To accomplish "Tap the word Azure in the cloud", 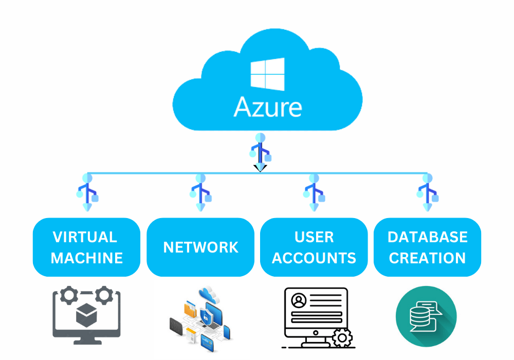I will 268,107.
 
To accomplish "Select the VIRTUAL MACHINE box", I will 87,247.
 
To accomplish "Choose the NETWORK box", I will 200,247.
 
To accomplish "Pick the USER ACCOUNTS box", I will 314,247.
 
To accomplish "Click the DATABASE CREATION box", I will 427,247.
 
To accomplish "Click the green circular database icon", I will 426,316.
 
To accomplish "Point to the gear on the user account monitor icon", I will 342,338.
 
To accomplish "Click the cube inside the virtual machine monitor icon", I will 87,315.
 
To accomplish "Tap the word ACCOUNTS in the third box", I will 314,258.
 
